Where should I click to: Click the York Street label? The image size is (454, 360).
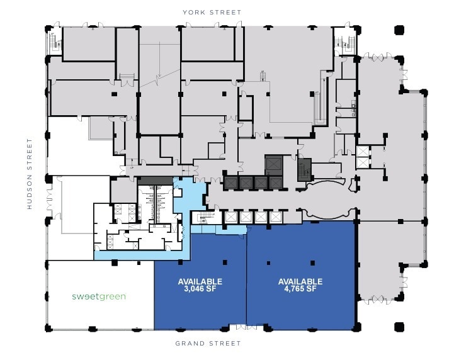[212, 12]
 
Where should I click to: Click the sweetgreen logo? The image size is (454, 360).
[98, 296]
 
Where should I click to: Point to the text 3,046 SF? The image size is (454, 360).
[200, 290]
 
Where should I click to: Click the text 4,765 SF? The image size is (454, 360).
[300, 290]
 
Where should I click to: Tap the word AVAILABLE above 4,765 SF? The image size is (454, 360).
[300, 281]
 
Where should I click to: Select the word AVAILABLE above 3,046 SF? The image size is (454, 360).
[200, 281]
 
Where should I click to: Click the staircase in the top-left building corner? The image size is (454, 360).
[54, 42]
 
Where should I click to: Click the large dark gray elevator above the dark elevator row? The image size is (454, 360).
[274, 165]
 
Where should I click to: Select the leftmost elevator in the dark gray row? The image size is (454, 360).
[231, 183]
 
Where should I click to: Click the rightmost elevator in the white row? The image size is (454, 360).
[275, 217]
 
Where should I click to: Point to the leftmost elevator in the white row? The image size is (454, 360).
[230, 217]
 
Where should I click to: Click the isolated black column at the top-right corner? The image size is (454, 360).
[399, 30]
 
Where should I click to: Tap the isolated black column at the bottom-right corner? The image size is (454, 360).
[399, 327]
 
